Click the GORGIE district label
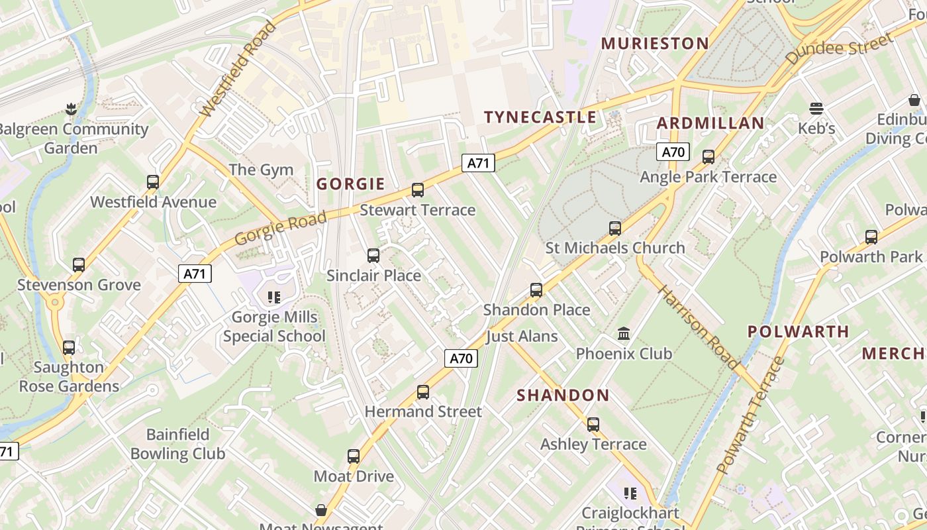click(350, 184)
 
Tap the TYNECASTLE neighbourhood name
click(540, 117)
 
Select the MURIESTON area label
click(654, 44)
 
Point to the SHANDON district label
click(563, 396)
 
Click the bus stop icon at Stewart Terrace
click(418, 190)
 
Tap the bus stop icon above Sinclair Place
click(373, 256)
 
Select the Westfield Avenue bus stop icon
click(153, 182)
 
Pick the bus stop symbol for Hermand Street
click(423, 392)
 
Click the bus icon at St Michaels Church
click(615, 229)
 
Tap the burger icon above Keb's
click(816, 109)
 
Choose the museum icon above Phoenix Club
click(624, 333)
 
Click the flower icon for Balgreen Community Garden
click(71, 109)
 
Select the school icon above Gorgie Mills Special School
click(274, 297)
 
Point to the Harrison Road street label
click(698, 327)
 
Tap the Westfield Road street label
click(237, 70)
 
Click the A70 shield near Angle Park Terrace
click(673, 152)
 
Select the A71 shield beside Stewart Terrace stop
click(478, 163)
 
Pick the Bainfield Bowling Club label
click(177, 444)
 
